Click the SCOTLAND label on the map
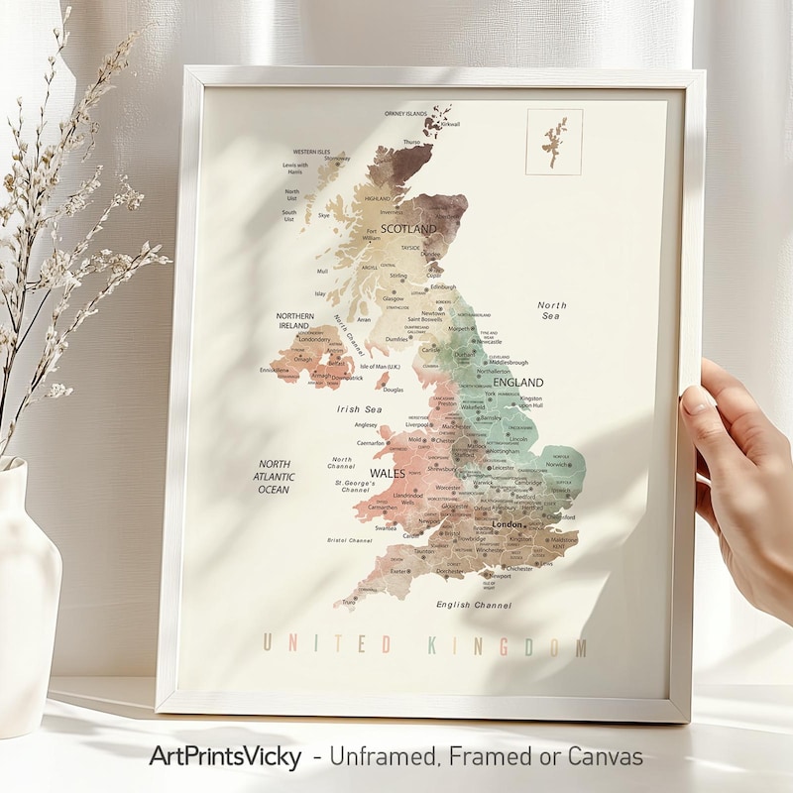point(408,229)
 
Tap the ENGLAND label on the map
point(518,383)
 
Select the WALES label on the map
point(387,473)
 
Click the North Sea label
point(551,310)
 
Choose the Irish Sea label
point(359,408)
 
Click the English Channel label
point(473,604)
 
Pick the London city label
point(507,523)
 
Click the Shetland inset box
point(553,142)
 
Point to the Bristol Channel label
point(350,540)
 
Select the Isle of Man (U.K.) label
point(381,367)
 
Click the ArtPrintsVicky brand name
point(224,757)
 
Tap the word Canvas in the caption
point(605,757)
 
